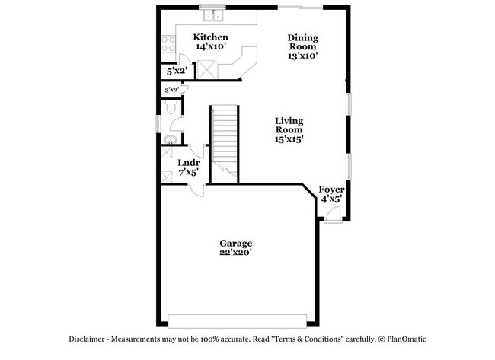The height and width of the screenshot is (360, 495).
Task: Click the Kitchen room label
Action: (211, 37)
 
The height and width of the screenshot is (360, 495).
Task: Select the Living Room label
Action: (289, 126)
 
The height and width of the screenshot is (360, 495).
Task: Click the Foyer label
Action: (331, 189)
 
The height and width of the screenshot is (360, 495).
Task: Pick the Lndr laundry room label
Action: (189, 163)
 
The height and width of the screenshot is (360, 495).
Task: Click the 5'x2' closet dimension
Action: (177, 72)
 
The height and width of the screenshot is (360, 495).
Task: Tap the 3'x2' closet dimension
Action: (171, 90)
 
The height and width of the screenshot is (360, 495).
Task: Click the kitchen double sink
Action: (212, 14)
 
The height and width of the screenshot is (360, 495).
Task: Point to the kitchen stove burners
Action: (167, 43)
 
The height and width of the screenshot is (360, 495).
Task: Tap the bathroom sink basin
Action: (171, 139)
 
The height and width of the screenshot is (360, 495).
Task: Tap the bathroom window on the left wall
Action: (158, 122)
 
